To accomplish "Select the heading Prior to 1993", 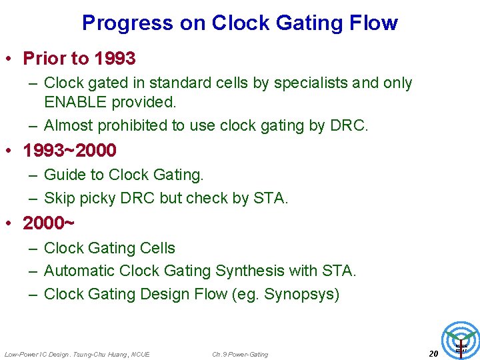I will (x=79, y=59).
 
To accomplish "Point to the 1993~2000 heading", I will (x=69, y=151).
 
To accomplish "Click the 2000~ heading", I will (x=49, y=223).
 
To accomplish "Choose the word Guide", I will (x=63, y=175).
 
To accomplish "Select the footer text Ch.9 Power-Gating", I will (x=240, y=354).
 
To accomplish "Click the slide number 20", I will (x=433, y=353).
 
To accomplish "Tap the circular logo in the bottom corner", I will (x=461, y=339).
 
